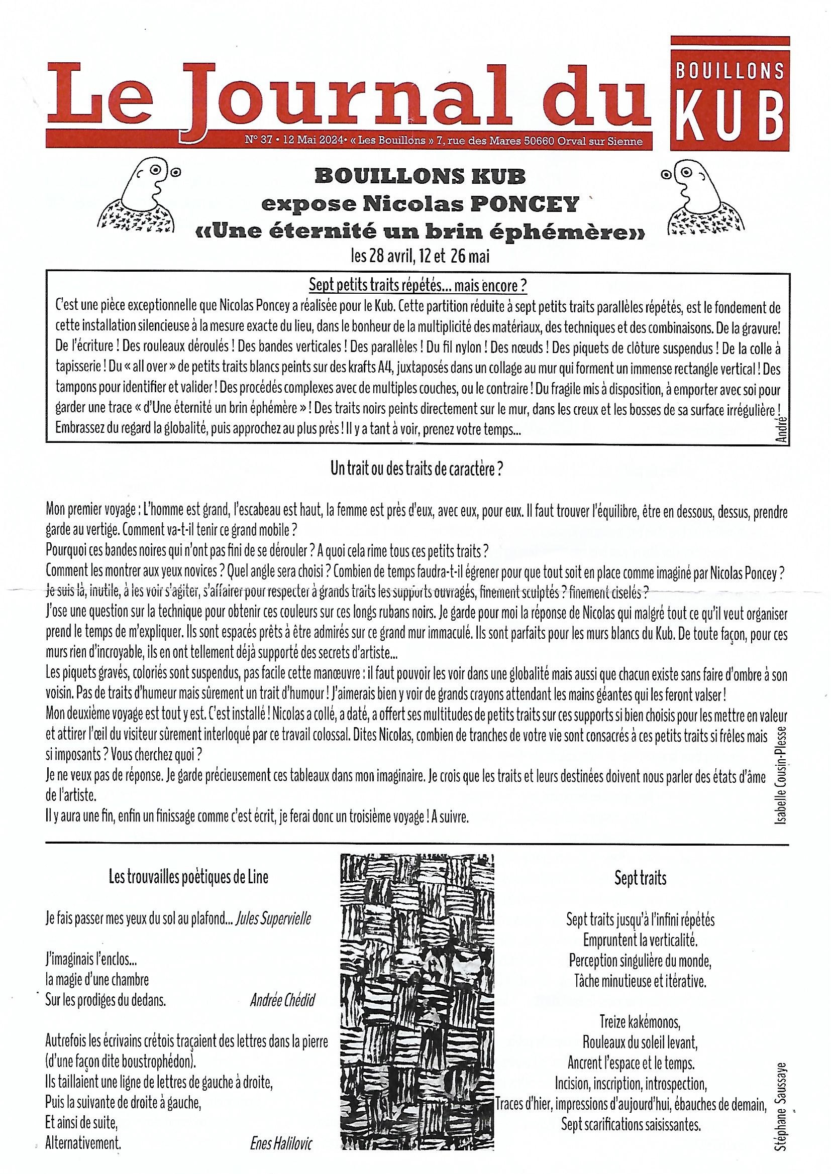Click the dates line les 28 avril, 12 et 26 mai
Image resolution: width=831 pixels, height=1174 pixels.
(420, 257)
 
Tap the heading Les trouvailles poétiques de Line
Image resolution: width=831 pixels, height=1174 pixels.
(188, 877)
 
